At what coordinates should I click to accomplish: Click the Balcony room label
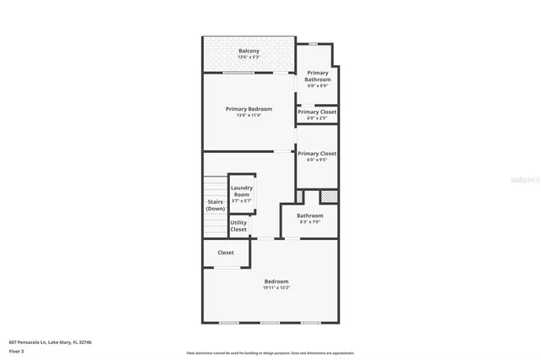tap(249, 52)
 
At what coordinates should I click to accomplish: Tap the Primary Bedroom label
tap(249, 109)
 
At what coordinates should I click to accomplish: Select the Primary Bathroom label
tap(318, 76)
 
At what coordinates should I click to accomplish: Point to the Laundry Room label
tap(242, 191)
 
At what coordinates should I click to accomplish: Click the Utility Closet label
tap(238, 226)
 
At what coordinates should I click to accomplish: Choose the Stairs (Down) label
tap(216, 205)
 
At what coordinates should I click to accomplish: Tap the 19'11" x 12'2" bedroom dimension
tap(276, 288)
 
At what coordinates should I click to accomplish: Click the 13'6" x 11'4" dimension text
tap(249, 116)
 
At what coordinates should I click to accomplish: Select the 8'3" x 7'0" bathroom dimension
tap(309, 222)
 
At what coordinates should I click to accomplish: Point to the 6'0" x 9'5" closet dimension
tap(317, 160)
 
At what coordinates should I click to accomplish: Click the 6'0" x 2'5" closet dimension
tap(317, 118)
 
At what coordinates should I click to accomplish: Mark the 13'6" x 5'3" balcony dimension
tap(249, 58)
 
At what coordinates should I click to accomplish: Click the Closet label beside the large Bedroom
tap(226, 253)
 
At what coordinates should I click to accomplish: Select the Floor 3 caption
tap(17, 351)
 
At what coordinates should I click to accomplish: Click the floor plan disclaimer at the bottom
tap(270, 353)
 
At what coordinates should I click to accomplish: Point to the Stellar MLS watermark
tap(525, 180)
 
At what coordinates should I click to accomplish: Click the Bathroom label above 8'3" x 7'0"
tap(309, 215)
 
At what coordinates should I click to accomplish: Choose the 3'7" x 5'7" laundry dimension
tap(242, 201)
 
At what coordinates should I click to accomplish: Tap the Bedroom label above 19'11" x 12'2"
tap(276, 281)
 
